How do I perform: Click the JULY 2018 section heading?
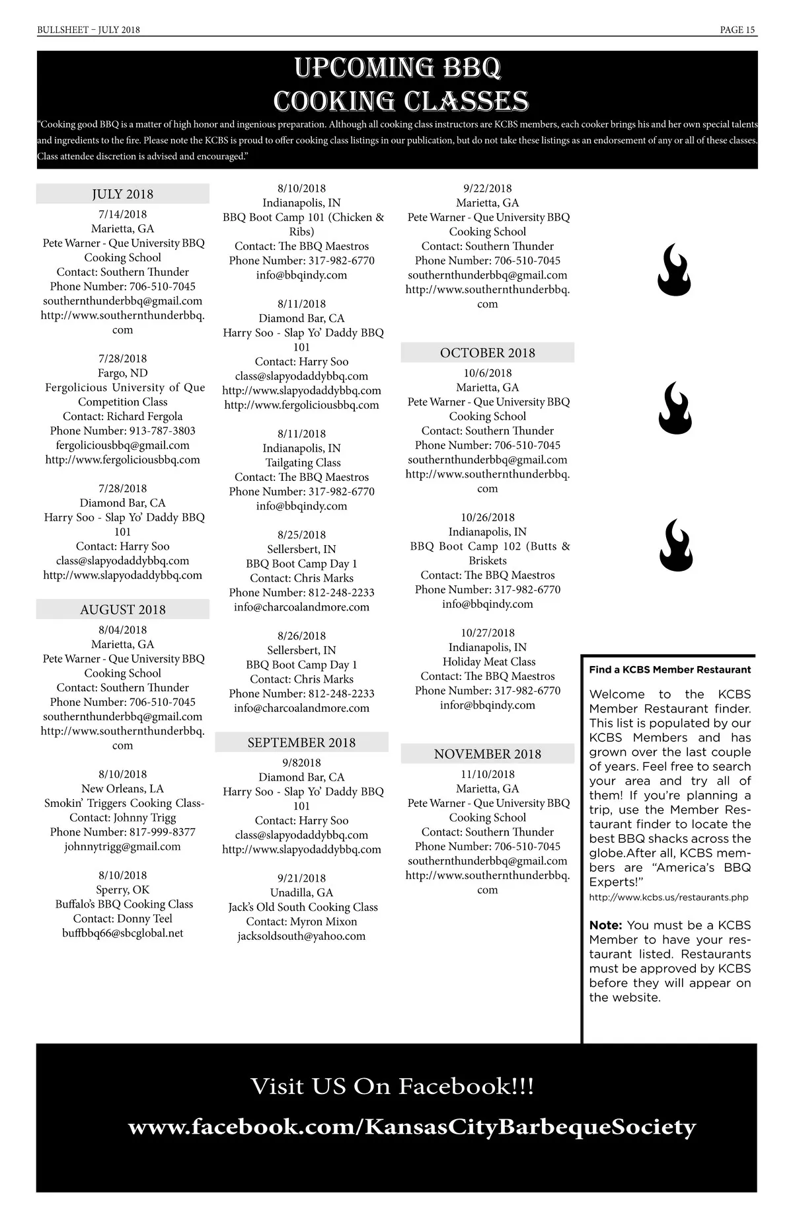click(122, 194)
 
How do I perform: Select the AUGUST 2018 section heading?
click(122, 609)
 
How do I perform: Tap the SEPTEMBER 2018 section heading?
click(301, 742)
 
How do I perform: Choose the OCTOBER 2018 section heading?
click(487, 353)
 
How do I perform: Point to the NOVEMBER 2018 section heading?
click(487, 753)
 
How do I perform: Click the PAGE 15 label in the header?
click(737, 30)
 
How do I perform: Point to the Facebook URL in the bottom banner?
click(412, 1126)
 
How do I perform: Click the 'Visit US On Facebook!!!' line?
click(392, 1086)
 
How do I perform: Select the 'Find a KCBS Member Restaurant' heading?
click(669, 669)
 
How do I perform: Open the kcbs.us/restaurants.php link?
click(668, 898)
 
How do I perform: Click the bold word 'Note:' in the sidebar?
click(605, 925)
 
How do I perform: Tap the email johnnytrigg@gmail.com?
click(122, 846)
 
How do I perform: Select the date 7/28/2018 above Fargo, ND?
click(122, 359)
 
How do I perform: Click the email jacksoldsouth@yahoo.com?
click(301, 936)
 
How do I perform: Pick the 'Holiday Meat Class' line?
click(488, 661)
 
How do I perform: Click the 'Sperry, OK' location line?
click(122, 890)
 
